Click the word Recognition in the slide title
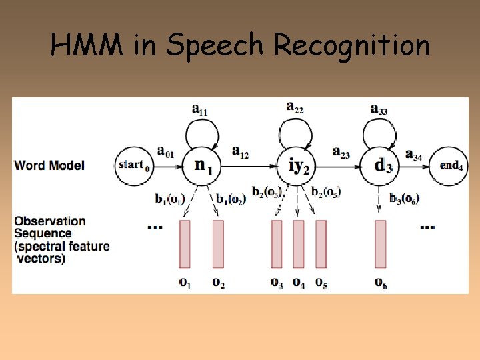(351, 45)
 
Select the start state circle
(133, 164)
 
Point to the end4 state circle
(451, 165)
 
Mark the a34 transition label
(413, 155)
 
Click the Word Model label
(49, 165)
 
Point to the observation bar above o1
(185, 244)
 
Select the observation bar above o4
(299, 244)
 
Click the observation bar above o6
(381, 244)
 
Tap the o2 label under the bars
(219, 283)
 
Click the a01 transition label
(165, 154)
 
